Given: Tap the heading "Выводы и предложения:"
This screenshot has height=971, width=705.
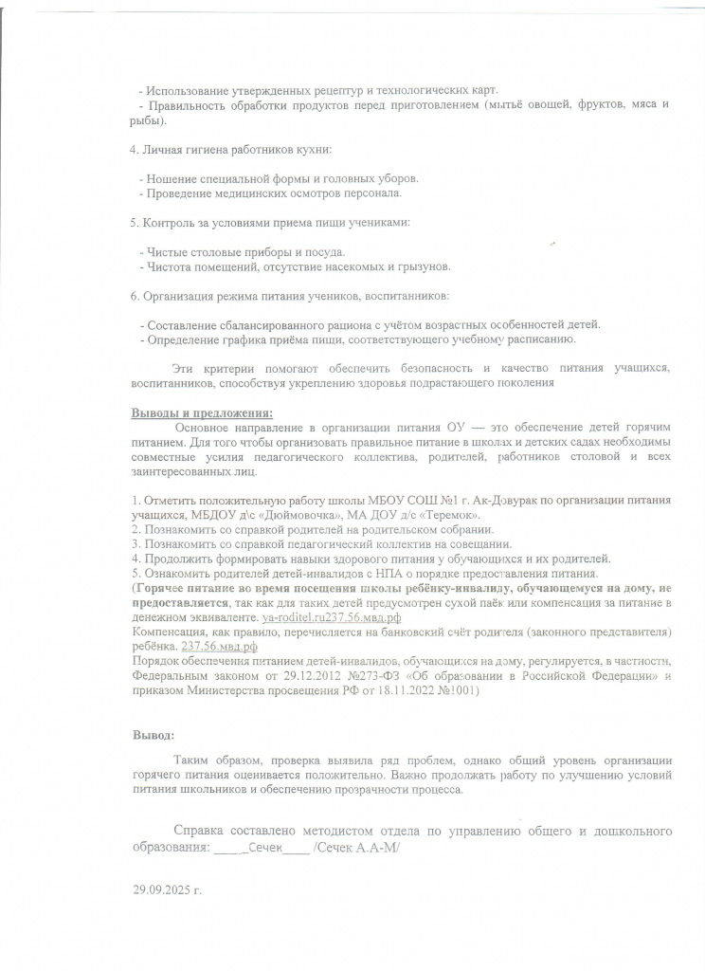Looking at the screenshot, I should coord(201,412).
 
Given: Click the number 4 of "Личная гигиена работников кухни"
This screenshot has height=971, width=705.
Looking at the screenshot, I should coord(133,150).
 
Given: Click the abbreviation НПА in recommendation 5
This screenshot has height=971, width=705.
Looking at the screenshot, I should coord(355,574).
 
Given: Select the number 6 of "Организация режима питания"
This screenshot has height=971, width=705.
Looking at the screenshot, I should coord(133,296).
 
